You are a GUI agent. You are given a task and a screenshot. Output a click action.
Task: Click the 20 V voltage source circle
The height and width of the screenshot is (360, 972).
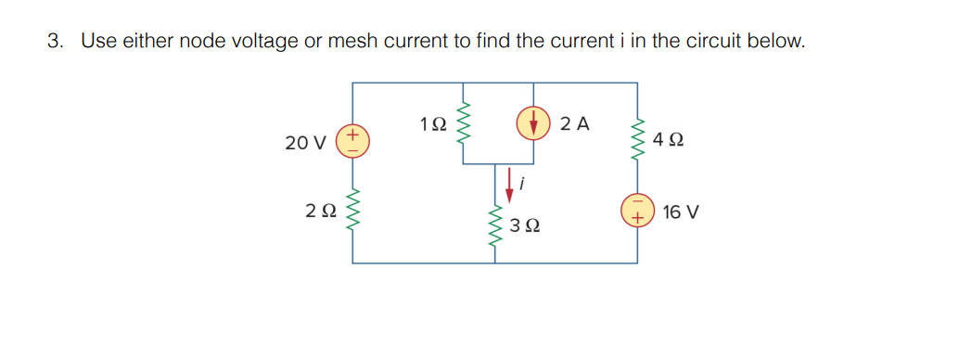click(352, 142)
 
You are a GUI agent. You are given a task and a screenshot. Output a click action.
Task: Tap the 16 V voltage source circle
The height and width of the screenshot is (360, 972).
click(636, 211)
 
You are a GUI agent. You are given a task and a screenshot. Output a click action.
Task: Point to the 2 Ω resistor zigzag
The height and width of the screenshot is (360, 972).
click(352, 212)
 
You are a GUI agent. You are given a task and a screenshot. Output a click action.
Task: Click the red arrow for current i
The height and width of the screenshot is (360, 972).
click(508, 183)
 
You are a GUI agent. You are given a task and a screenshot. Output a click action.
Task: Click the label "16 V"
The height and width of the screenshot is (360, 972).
click(682, 212)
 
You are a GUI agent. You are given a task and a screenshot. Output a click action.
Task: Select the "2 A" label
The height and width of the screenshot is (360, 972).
click(575, 123)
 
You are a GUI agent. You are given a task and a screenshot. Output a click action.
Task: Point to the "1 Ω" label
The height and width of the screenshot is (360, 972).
click(432, 123)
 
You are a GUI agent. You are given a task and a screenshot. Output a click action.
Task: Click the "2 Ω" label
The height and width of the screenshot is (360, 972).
click(318, 212)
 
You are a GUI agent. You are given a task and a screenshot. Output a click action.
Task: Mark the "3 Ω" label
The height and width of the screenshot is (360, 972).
click(526, 225)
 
